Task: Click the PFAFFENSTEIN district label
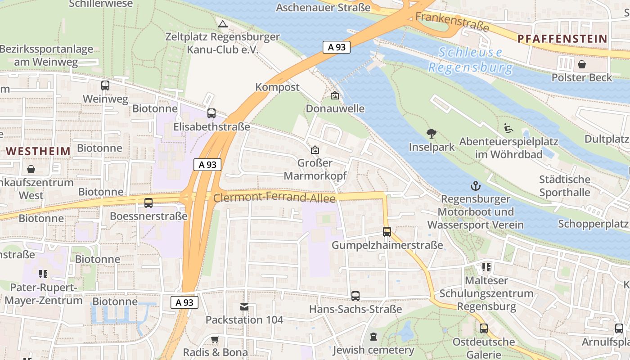point(562,39)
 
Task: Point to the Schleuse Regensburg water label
point(470,60)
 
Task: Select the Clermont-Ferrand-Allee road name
point(274,198)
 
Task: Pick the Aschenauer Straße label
point(323,8)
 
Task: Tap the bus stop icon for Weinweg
point(105,85)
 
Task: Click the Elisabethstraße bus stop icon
point(211,113)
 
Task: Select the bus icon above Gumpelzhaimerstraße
point(387,232)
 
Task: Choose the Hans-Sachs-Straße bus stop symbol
point(355,296)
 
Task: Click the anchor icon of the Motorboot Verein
point(475,185)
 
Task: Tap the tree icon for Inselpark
point(432,134)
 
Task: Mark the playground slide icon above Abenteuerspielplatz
point(508,128)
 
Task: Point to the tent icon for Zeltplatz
point(222,23)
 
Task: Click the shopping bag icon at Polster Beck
point(582,64)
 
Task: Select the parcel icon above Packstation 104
point(244,306)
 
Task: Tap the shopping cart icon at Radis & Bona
point(215,339)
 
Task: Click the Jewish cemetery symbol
point(373,337)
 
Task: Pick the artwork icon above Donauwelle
point(334,95)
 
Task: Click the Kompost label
point(277,87)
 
